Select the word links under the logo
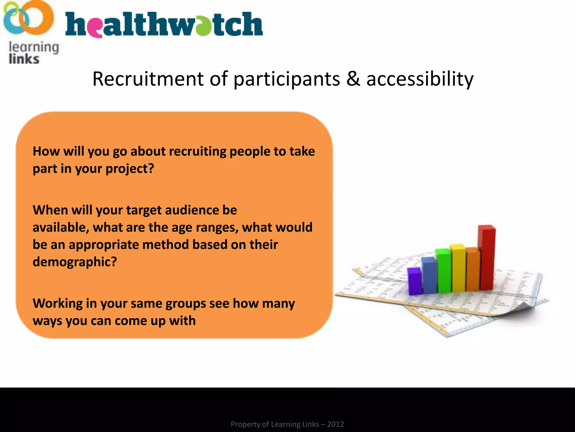click(24, 59)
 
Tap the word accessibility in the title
click(420, 79)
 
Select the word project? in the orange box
click(130, 169)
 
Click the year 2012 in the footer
click(335, 424)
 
